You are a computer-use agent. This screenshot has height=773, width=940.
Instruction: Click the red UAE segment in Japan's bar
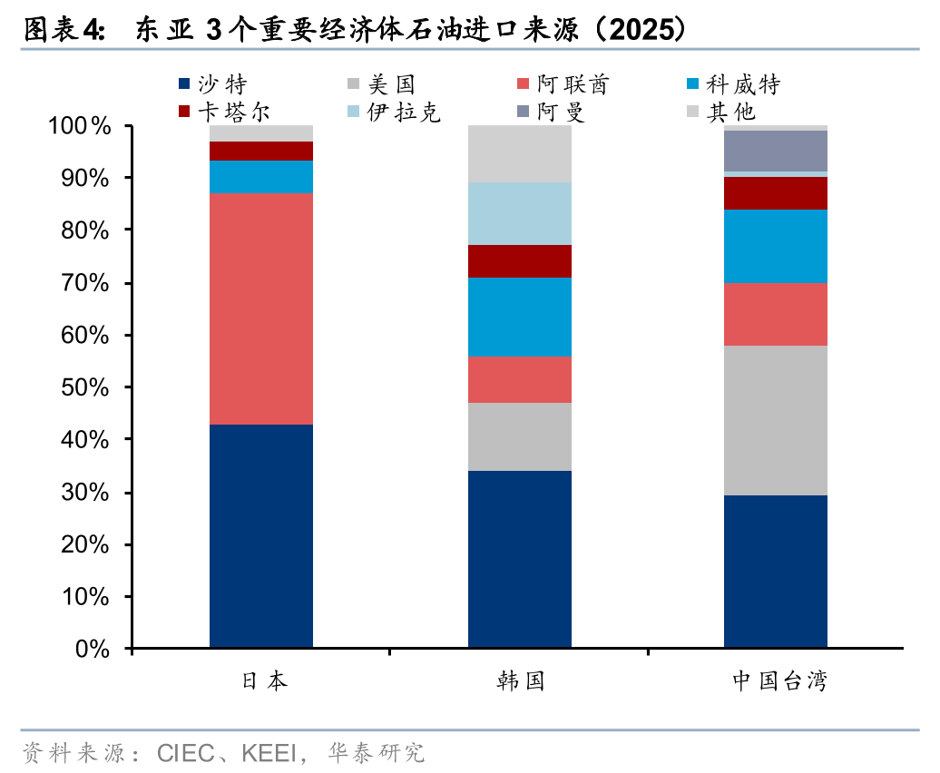pyautogui.click(x=261, y=308)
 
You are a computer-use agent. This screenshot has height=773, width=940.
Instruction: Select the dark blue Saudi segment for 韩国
pyautogui.click(x=520, y=559)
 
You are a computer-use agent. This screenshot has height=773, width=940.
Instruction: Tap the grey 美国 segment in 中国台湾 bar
pyautogui.click(x=776, y=420)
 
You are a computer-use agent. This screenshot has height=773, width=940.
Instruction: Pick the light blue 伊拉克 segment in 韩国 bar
pyautogui.click(x=520, y=213)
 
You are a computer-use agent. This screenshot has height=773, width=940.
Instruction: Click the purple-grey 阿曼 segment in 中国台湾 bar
pyautogui.click(x=776, y=151)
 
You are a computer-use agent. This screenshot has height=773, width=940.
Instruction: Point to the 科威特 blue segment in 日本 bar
pyautogui.click(x=261, y=177)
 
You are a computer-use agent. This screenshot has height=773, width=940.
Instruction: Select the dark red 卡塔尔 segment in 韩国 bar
pyautogui.click(x=520, y=261)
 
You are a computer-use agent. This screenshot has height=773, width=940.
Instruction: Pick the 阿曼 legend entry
pyautogui.click(x=560, y=113)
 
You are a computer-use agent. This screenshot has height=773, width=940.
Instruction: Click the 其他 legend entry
pyautogui.click(x=731, y=113)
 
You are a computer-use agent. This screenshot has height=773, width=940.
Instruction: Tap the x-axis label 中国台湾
pyautogui.click(x=779, y=681)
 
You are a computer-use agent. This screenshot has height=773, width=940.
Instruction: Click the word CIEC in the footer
pyautogui.click(x=185, y=753)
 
